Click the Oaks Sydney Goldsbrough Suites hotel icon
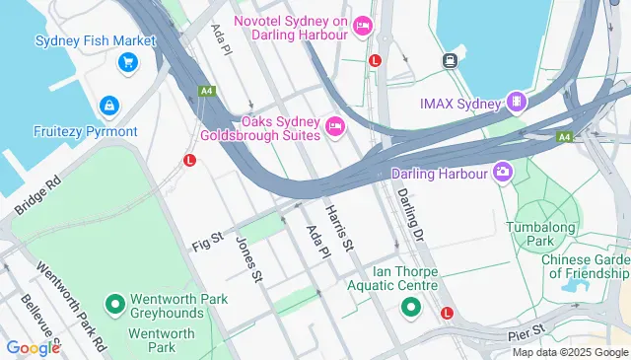pos(334,125)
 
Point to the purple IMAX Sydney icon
pos(515,102)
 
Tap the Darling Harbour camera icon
pos(504,174)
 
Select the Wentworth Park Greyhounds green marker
pos(114,302)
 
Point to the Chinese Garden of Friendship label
pos(585,266)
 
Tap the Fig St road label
pos(208,242)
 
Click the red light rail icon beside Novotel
pos(375,61)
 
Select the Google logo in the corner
pos(33,347)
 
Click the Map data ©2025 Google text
pos(570,352)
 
